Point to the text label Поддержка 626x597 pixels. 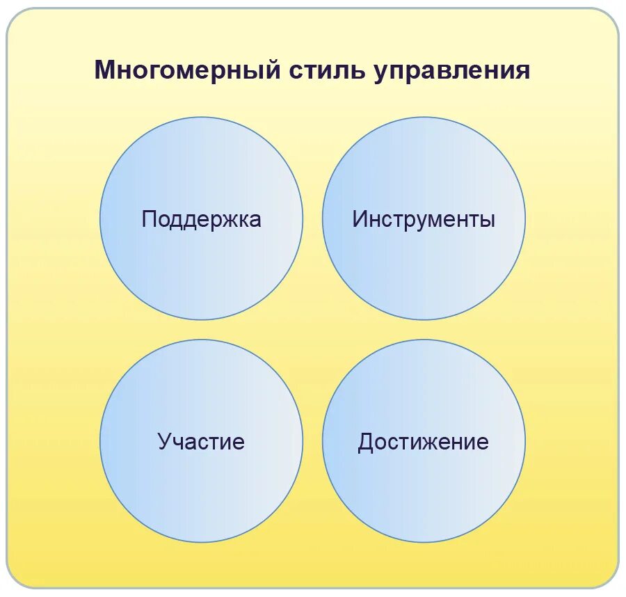click(201, 219)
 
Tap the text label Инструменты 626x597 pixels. click(424, 219)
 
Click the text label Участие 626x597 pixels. click(201, 442)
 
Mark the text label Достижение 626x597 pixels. click(424, 442)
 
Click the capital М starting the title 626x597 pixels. click(104, 71)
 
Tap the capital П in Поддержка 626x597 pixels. click(149, 219)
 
